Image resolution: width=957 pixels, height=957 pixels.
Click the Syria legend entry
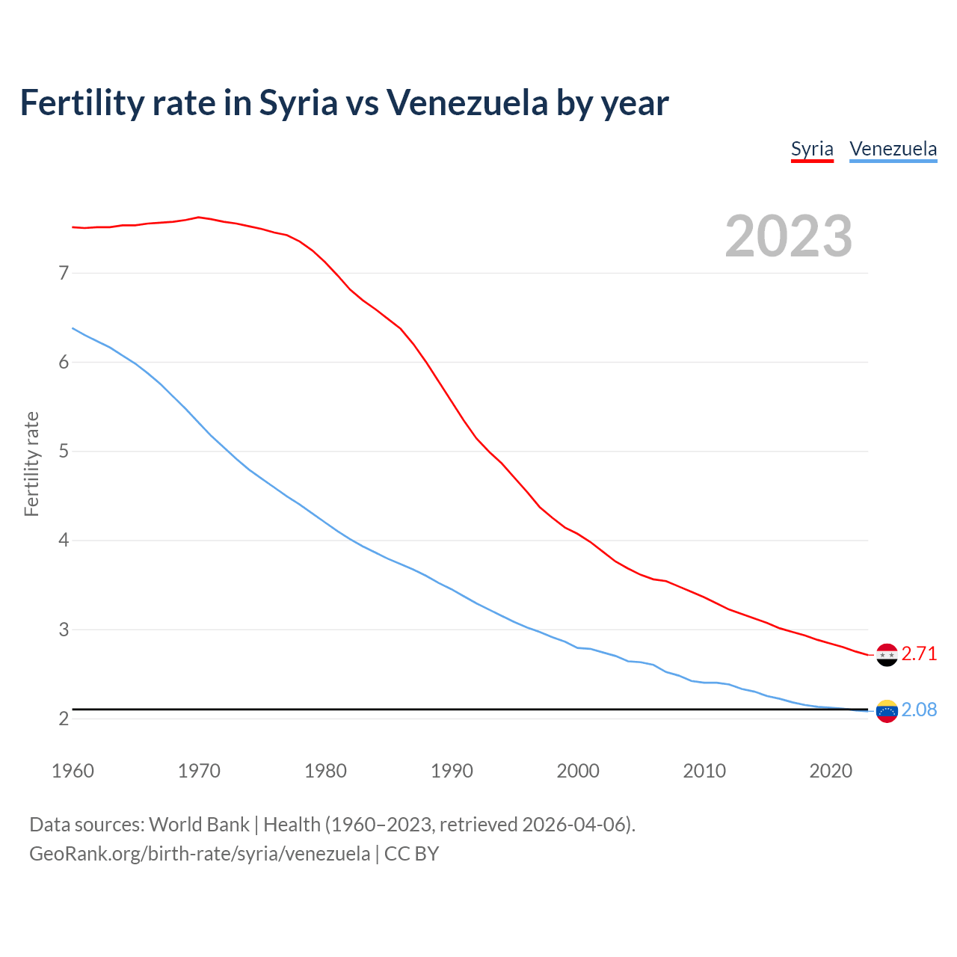click(x=812, y=149)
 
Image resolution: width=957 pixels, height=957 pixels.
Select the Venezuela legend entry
click(x=893, y=149)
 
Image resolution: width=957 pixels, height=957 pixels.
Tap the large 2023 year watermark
click(x=789, y=236)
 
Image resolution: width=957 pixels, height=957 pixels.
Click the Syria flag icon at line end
click(x=887, y=655)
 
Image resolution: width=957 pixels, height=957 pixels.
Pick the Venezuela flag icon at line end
click(x=887, y=711)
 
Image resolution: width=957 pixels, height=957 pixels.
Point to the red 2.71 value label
click(x=919, y=654)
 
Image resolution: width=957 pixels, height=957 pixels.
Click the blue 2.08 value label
click(x=919, y=710)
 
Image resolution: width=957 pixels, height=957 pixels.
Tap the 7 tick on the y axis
click(x=64, y=274)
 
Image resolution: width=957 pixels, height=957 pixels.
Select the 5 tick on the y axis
click(x=64, y=452)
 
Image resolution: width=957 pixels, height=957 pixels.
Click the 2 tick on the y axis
click(x=64, y=719)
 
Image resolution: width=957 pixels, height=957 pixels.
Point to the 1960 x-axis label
click(x=73, y=771)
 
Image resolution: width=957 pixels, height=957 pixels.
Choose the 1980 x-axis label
click(x=325, y=771)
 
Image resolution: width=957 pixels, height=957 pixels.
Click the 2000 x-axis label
click(x=578, y=771)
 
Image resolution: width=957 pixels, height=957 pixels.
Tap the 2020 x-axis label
click(x=831, y=771)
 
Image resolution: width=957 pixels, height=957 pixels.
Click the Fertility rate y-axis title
click(x=31, y=464)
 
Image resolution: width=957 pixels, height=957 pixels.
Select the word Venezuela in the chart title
click(x=467, y=103)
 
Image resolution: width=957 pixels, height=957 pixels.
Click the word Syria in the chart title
click(x=298, y=103)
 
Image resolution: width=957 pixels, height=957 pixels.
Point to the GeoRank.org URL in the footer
click(x=200, y=854)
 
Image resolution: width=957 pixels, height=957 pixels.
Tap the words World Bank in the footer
click(x=199, y=825)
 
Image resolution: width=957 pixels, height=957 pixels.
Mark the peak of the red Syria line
click(x=198, y=218)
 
